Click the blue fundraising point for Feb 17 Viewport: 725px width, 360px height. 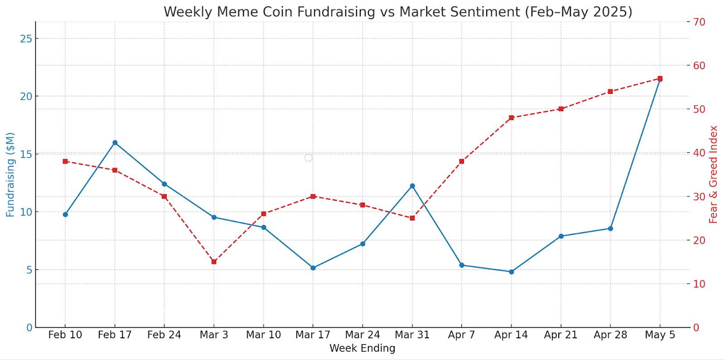[115, 142]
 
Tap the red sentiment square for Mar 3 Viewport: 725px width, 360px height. [214, 262]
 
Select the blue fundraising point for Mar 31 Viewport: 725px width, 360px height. [412, 186]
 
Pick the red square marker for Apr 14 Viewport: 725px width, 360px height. [511, 118]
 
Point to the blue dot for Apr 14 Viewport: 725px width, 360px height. [512, 272]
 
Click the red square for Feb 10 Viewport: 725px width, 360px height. [65, 161]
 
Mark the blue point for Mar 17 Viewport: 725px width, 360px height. [313, 268]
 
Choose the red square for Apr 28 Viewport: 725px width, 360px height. [610, 92]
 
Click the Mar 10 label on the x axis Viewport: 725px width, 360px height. [263, 335]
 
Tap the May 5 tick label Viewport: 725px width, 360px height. [660, 335]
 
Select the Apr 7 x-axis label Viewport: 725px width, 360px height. [461, 335]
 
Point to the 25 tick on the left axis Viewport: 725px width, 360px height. [26, 39]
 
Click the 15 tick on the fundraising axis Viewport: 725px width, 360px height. [26, 155]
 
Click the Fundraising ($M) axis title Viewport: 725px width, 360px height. [10, 175]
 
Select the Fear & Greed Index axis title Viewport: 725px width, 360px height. [714, 175]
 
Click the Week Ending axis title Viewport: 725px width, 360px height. [362, 348]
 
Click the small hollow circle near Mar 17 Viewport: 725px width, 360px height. [308, 158]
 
